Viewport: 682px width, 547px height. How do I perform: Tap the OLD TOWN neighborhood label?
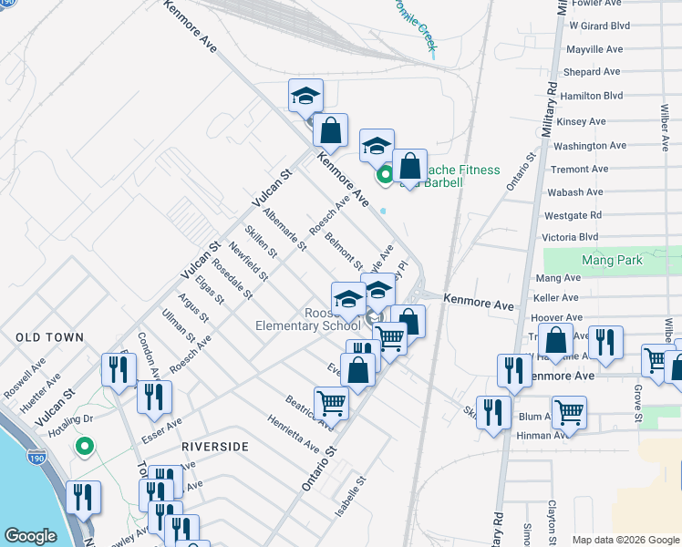tap(49, 337)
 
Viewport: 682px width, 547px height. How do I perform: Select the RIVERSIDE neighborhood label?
tap(215, 447)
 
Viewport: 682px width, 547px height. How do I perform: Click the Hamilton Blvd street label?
tap(593, 96)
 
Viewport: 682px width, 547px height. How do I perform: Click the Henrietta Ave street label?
tap(294, 435)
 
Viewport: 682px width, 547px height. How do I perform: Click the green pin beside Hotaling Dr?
tap(84, 447)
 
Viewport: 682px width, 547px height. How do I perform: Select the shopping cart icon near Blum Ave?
tap(570, 411)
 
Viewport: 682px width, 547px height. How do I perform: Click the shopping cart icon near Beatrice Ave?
tap(331, 402)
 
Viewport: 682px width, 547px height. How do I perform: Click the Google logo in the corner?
tap(30, 537)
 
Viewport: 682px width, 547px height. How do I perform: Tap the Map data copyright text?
tap(625, 540)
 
